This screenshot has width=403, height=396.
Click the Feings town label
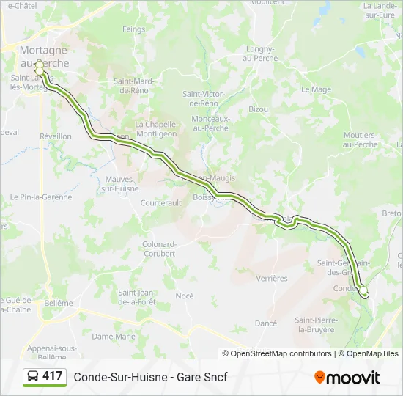click(134, 29)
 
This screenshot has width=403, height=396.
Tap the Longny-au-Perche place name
click(255, 54)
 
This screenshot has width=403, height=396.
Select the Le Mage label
click(316, 89)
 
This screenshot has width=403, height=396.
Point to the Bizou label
click(258, 109)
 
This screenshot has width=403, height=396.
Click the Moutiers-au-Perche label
click(360, 139)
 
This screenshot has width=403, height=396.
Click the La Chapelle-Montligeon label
click(157, 129)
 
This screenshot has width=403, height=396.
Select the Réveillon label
click(56, 136)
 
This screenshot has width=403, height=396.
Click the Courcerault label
click(160, 202)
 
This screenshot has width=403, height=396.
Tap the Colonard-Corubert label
click(158, 249)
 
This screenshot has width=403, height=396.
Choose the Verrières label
click(272, 278)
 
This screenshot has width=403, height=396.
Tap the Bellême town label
click(59, 303)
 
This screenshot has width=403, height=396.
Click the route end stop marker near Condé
click(363, 291)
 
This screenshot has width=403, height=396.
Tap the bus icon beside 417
click(34, 377)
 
